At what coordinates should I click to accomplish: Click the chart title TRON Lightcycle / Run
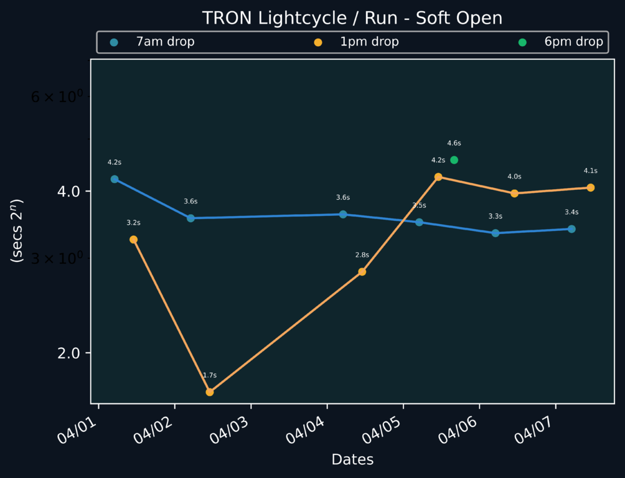(352, 18)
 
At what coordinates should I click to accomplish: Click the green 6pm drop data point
(454, 160)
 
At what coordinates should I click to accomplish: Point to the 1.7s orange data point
(210, 392)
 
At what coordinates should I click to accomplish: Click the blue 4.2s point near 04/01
(115, 179)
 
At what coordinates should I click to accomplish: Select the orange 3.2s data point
(133, 240)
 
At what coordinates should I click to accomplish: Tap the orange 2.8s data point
(362, 272)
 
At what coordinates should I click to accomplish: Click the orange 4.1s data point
(590, 188)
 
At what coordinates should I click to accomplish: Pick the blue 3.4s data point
(571, 229)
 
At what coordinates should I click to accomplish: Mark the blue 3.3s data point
(496, 233)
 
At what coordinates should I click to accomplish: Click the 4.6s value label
(454, 144)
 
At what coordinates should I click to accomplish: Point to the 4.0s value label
(514, 177)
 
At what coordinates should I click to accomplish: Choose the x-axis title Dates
(352, 460)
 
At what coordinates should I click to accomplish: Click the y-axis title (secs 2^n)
(18, 231)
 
